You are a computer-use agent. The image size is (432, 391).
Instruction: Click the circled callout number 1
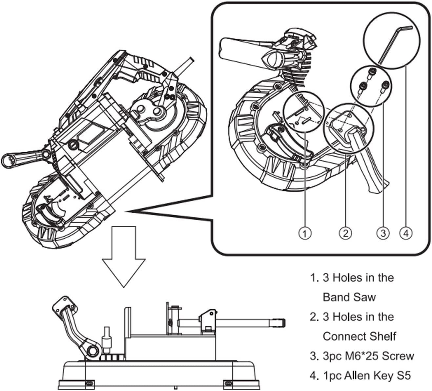(305, 233)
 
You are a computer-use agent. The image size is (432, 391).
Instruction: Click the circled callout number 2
(345, 233)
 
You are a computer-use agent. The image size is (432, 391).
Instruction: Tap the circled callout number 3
(383, 233)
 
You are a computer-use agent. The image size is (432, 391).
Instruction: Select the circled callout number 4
(406, 233)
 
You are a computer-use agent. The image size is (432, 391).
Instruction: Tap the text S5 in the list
(403, 376)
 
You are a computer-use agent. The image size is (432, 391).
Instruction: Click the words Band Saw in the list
(349, 297)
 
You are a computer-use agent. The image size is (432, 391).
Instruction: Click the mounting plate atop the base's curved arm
(64, 304)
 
